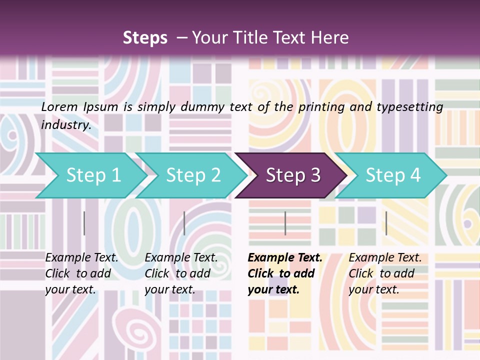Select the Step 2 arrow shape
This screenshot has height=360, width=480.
pyautogui.click(x=193, y=175)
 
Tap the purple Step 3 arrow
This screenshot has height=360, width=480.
pyautogui.click(x=293, y=175)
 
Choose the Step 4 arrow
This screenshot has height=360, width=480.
pyautogui.click(x=393, y=175)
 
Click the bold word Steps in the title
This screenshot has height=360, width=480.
pyautogui.click(x=145, y=38)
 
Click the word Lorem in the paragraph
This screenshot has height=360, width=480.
pyautogui.click(x=59, y=107)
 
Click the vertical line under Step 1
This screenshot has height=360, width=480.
pyautogui.click(x=84, y=223)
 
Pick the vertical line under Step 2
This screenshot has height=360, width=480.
pyautogui.click(x=184, y=223)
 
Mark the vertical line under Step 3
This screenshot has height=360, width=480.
pyautogui.click(x=285, y=223)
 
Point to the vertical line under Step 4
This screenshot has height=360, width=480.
pyautogui.click(x=386, y=223)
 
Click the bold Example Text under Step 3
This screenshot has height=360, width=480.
pyautogui.click(x=285, y=258)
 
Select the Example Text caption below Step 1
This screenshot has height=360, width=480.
pyautogui.click(x=81, y=258)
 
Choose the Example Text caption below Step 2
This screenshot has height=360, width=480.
pyautogui.click(x=181, y=258)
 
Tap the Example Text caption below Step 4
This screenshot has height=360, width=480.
pyautogui.click(x=385, y=258)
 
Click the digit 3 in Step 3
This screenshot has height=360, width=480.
pyautogui.click(x=315, y=175)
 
